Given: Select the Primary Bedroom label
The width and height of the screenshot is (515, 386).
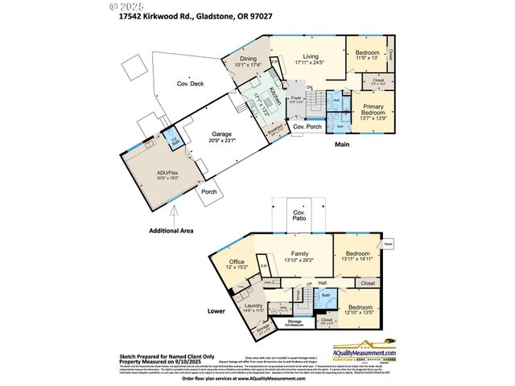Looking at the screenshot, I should pyautogui.click(x=372, y=110).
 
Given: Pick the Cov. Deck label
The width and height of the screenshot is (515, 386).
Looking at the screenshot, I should pyautogui.click(x=192, y=84).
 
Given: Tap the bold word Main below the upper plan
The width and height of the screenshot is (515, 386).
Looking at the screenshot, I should pyautogui.click(x=342, y=145).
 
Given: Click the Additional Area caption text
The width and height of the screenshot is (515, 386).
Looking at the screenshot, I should pyautogui.click(x=171, y=231).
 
